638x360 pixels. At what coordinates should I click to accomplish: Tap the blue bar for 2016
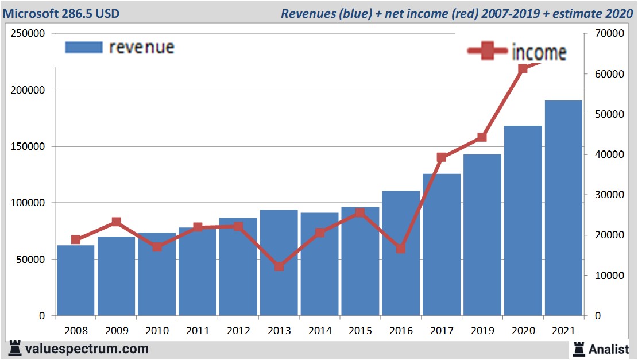click(x=401, y=253)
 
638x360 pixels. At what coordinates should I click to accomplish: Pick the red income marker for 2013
click(x=279, y=266)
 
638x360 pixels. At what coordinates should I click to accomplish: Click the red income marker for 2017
click(x=442, y=157)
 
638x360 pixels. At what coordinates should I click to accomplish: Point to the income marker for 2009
click(x=116, y=222)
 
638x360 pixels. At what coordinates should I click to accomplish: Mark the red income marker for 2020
click(x=523, y=69)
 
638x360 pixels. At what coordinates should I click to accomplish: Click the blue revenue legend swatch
click(x=84, y=47)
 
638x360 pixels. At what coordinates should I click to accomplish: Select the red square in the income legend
click(x=488, y=52)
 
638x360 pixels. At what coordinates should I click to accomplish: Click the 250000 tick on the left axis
click(x=28, y=34)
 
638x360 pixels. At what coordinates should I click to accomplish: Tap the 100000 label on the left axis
click(x=28, y=203)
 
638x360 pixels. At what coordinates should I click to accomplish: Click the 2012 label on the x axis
click(x=238, y=331)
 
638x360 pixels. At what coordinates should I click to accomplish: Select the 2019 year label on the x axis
click(x=482, y=331)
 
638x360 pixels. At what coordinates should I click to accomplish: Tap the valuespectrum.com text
click(x=87, y=349)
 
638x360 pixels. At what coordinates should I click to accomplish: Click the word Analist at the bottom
click(x=609, y=349)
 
